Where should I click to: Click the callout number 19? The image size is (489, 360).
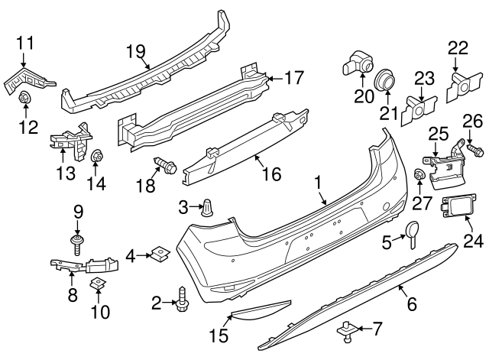coord(135,51)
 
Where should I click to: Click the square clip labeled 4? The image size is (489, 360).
coord(159,253)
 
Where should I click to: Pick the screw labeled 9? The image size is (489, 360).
coord(77,243)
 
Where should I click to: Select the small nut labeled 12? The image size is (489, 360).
coord(25,97)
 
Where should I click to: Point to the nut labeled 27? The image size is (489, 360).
coord(419,177)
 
